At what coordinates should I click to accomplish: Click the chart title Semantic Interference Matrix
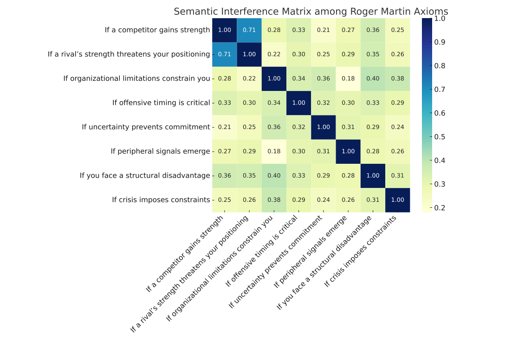[311, 12]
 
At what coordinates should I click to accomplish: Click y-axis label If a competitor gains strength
[157, 30]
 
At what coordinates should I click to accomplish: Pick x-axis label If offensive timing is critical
[262, 251]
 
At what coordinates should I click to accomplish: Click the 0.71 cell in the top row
[249, 30]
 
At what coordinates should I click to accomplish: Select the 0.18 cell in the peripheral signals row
[274, 151]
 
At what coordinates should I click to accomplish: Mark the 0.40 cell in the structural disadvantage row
[274, 175]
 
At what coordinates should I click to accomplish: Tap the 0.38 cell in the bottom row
[274, 200]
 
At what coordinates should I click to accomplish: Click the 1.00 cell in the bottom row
[398, 200]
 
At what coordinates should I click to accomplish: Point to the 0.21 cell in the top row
[324, 30]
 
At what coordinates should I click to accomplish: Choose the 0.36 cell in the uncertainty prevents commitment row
[274, 127]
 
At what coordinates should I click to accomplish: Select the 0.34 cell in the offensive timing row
[274, 103]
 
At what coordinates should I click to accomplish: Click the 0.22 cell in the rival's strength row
[274, 54]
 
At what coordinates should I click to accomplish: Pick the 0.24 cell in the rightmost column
[398, 127]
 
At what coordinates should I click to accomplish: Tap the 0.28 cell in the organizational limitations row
[225, 78]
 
